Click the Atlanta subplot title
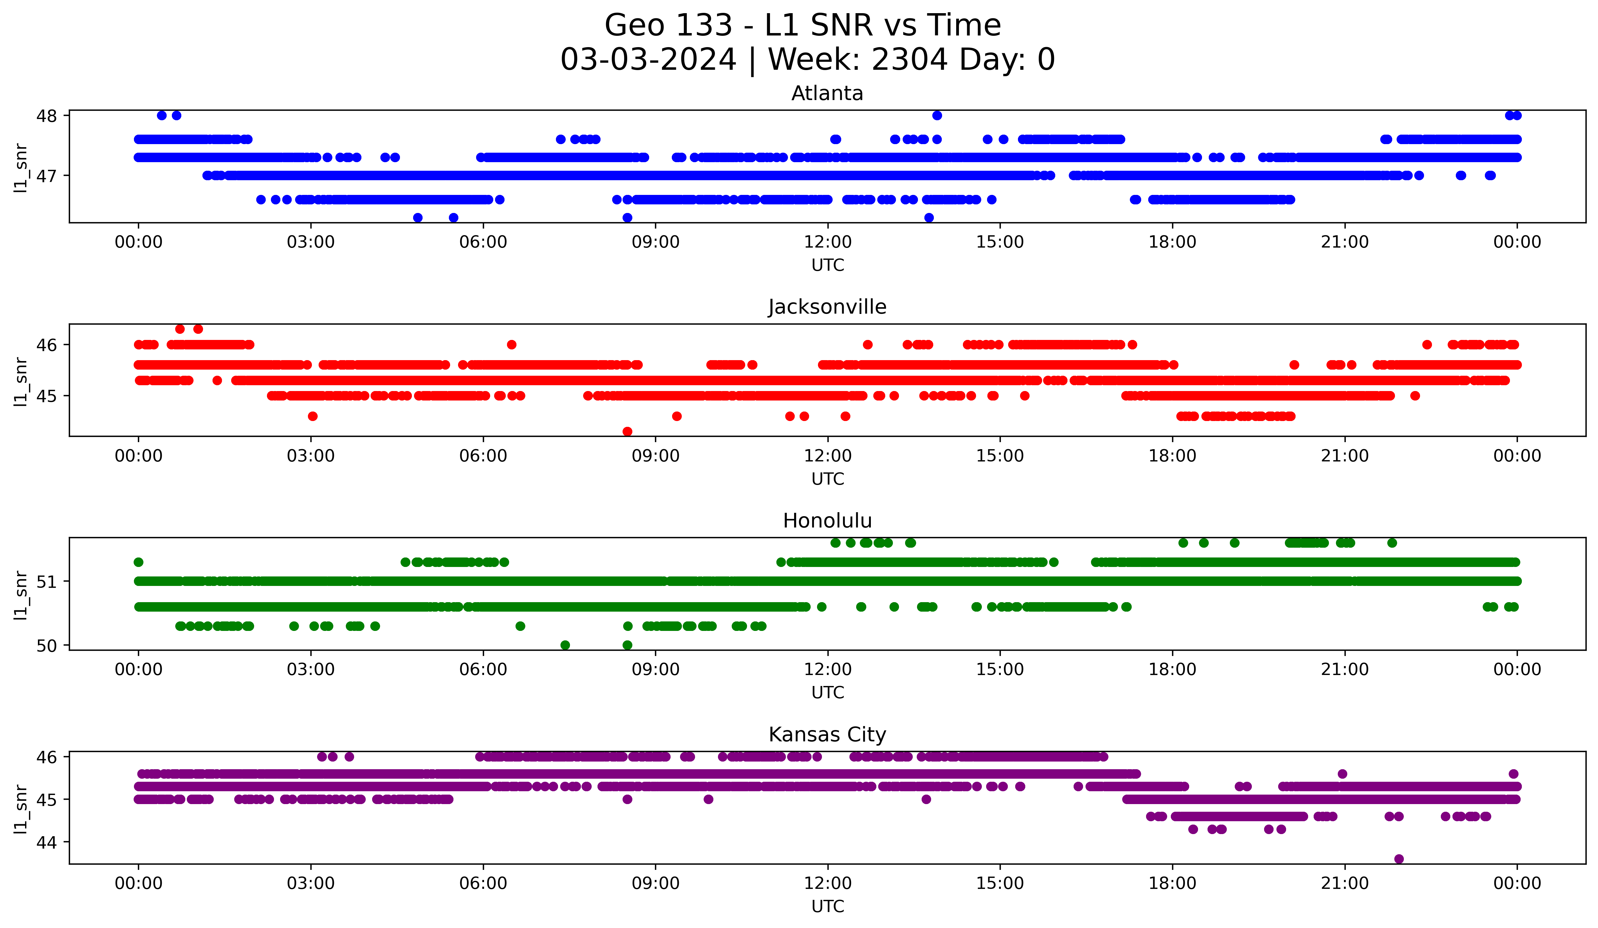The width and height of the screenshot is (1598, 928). [x=827, y=93]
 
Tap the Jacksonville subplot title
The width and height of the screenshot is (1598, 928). [x=827, y=307]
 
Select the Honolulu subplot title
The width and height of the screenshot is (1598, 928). [x=827, y=521]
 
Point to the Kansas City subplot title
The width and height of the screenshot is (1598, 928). [x=827, y=735]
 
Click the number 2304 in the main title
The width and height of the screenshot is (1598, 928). [x=909, y=60]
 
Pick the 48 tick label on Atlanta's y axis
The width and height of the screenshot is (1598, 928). [x=46, y=115]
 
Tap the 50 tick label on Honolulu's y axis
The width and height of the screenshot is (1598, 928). [x=46, y=646]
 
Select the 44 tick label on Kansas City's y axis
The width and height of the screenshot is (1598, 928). [x=46, y=842]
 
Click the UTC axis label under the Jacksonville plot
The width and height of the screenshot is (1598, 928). [x=827, y=479]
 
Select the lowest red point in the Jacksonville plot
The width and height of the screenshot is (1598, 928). [x=627, y=431]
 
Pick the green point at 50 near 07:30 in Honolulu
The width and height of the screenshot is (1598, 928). [x=565, y=645]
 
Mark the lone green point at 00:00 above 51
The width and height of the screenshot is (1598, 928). [x=138, y=562]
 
